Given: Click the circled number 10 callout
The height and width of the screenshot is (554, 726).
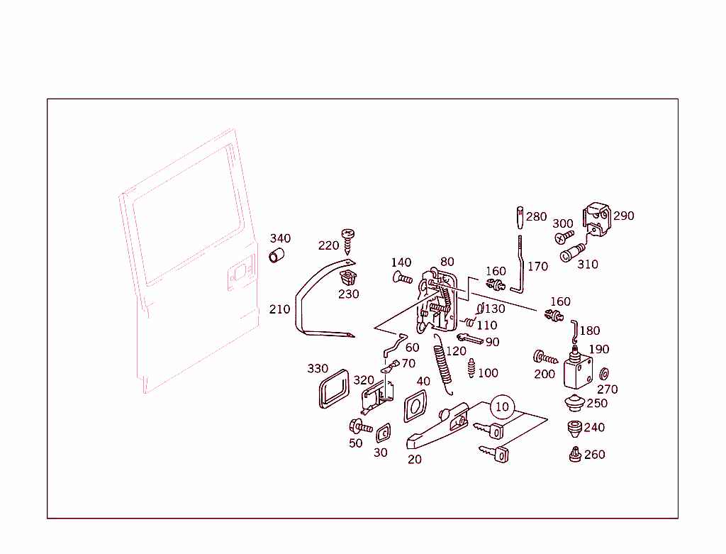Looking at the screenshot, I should (502, 406).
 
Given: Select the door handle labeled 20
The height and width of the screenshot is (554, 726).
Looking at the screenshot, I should (436, 427).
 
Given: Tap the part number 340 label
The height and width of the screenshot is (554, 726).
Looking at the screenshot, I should (279, 238).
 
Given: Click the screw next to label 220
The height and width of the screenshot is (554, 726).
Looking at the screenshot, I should (347, 240).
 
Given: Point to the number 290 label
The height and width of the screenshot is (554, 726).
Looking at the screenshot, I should (623, 216).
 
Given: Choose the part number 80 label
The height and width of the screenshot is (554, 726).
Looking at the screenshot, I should (447, 262).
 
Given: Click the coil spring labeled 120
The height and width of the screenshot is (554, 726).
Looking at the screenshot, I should (445, 367).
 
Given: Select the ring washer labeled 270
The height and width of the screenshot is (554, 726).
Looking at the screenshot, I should (605, 374).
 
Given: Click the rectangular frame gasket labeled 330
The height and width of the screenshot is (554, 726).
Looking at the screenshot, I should (332, 389).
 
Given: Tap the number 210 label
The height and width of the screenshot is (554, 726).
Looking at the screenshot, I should (279, 309).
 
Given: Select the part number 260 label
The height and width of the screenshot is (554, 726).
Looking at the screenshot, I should (594, 455).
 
